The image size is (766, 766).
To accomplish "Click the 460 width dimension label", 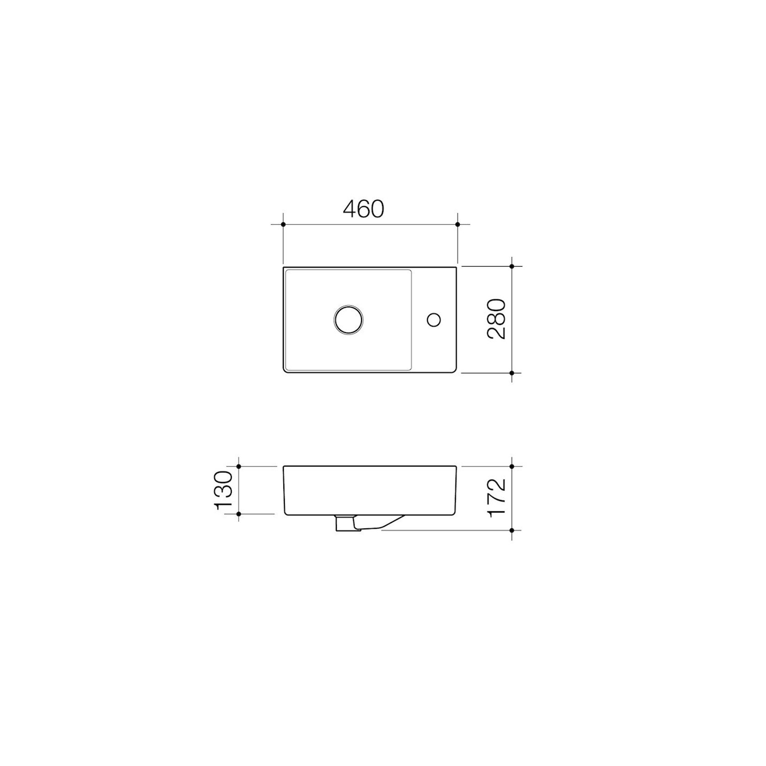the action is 364,209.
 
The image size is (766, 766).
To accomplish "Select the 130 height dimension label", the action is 224,490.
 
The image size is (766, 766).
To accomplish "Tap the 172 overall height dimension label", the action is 497,498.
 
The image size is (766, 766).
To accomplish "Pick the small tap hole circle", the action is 434,319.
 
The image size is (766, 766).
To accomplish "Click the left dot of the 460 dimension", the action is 283,224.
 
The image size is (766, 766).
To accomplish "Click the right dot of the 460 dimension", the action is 457,224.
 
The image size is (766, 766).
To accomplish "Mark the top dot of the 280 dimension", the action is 512,266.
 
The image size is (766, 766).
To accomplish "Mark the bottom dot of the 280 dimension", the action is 512,373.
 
